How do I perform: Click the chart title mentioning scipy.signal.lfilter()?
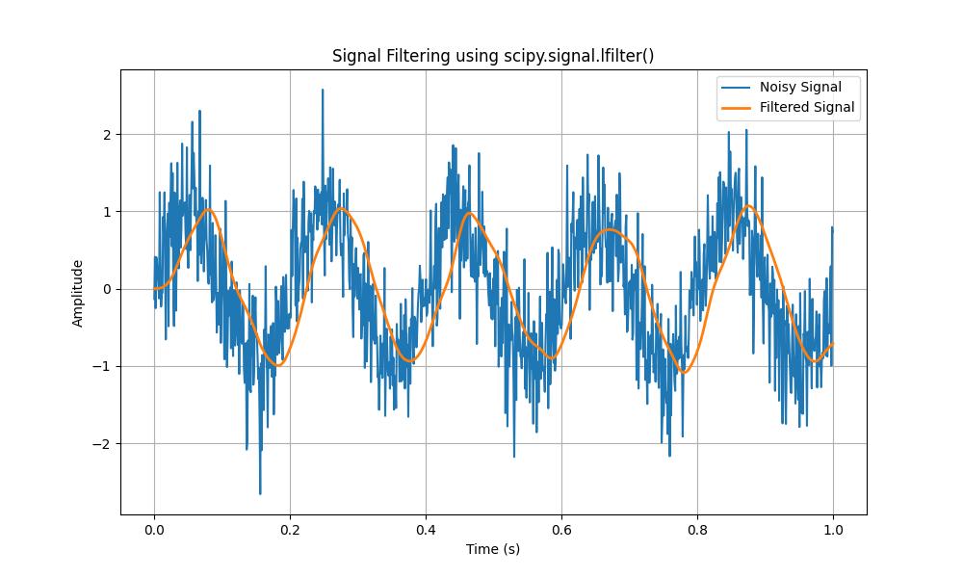click(493, 56)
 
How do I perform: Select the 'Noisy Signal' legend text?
click(800, 88)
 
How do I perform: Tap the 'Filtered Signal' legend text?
click(807, 108)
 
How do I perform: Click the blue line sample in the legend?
click(737, 88)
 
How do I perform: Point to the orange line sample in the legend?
click(737, 108)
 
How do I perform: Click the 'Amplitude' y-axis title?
click(78, 293)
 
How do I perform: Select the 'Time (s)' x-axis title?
click(493, 549)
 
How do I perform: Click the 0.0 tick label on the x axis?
click(154, 529)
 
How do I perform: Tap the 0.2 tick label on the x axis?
click(290, 529)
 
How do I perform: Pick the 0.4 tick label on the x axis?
click(426, 529)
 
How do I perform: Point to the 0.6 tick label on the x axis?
click(561, 529)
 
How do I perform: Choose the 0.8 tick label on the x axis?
click(697, 529)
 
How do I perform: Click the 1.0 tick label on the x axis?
click(833, 529)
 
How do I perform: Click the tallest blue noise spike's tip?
click(323, 90)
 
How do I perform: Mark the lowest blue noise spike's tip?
click(260, 494)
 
